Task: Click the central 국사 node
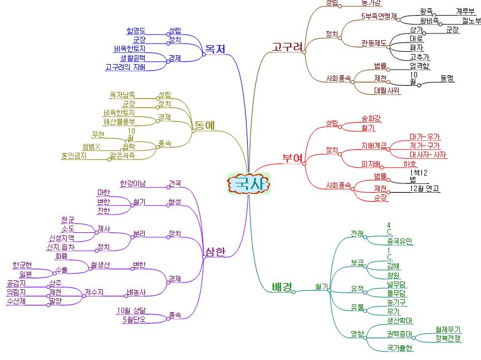[x=249, y=183]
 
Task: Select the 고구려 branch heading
[x=287, y=46]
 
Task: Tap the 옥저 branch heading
[x=215, y=49]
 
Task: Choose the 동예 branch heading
[x=204, y=125]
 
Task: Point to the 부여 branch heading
[x=293, y=158]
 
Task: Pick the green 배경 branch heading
[x=282, y=287]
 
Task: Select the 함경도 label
[x=136, y=31]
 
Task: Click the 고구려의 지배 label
[x=125, y=67]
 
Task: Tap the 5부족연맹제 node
[x=379, y=16]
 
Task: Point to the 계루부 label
[x=465, y=11]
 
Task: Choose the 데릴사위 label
[x=387, y=90]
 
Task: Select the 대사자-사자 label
[x=428, y=154]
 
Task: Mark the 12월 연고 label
[x=424, y=188]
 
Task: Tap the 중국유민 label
[x=400, y=241]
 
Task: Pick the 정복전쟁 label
[x=448, y=338]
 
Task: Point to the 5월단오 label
[x=134, y=319]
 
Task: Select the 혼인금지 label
[x=74, y=156]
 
